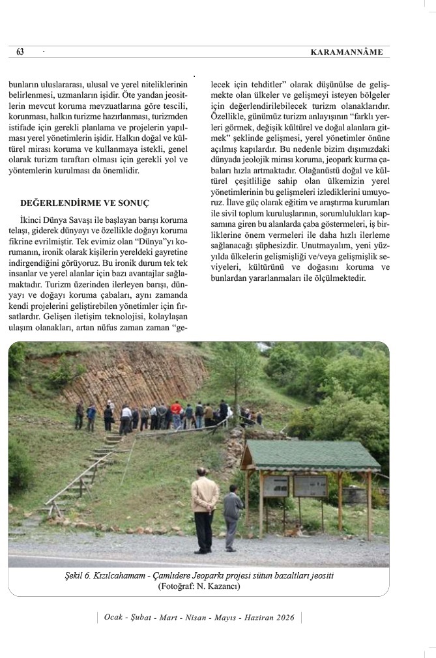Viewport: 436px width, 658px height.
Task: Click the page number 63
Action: (x=20, y=52)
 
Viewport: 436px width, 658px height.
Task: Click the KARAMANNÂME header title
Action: (x=347, y=52)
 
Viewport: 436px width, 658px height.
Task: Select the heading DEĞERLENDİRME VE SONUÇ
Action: (x=85, y=203)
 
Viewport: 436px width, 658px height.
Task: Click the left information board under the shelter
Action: (x=277, y=486)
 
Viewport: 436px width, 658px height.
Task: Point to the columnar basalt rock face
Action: (x=137, y=378)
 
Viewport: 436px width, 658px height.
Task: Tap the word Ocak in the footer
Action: (x=115, y=617)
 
